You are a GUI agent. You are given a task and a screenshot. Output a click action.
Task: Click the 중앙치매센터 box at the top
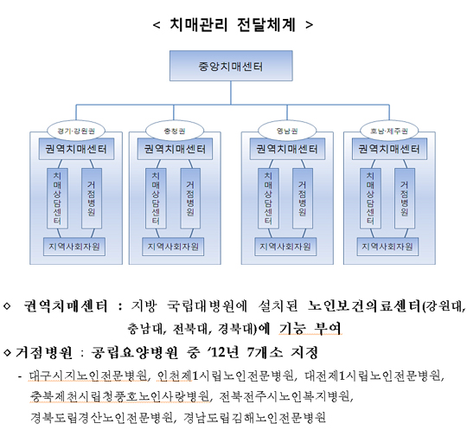(x=231, y=66)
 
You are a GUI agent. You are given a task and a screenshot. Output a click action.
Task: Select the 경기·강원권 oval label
(x=76, y=131)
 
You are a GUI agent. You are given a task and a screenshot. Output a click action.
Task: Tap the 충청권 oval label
(x=175, y=131)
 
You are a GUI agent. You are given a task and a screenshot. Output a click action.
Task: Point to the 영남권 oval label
(x=287, y=131)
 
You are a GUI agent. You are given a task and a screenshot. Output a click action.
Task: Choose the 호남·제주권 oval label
(x=389, y=131)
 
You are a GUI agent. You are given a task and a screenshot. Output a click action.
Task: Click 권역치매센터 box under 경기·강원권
(x=76, y=149)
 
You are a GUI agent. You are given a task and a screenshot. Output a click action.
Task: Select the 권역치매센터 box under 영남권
(x=287, y=149)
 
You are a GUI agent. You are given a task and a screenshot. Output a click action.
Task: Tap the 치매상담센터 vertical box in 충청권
(x=156, y=198)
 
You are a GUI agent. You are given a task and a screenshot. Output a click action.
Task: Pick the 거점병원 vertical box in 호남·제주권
(x=405, y=198)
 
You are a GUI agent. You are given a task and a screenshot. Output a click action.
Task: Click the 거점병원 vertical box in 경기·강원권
(x=92, y=198)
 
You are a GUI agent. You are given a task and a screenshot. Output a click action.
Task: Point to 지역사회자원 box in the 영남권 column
(x=285, y=247)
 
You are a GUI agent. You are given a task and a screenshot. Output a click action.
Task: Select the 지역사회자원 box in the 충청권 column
(x=173, y=247)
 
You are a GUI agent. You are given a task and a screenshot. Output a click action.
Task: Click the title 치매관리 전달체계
(x=233, y=25)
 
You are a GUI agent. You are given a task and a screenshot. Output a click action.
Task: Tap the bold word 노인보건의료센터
(x=364, y=306)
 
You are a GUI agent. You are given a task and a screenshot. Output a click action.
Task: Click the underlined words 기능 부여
(x=310, y=328)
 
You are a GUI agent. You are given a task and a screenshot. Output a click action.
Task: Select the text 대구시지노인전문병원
(x=88, y=376)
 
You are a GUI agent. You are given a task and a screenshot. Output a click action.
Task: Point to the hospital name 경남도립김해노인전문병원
(x=254, y=418)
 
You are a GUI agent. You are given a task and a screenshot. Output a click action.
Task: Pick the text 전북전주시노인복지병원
(x=285, y=396)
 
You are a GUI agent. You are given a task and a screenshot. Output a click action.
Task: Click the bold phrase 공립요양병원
(x=135, y=352)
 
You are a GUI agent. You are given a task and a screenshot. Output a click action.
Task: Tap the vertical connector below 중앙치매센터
(x=231, y=93)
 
